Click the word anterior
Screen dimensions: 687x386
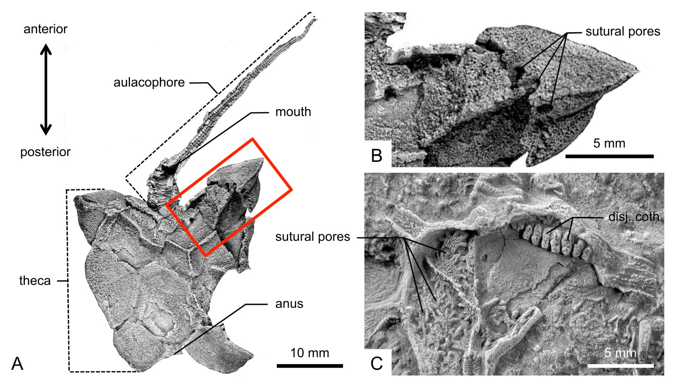click(x=45, y=29)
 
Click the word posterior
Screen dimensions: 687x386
click(x=45, y=152)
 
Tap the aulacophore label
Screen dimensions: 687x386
click(x=149, y=83)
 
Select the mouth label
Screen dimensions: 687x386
click(x=293, y=112)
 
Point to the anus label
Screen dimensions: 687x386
click(x=289, y=304)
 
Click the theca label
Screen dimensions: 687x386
click(x=35, y=280)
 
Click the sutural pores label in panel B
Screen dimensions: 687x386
click(x=623, y=31)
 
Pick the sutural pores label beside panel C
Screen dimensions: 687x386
click(x=313, y=237)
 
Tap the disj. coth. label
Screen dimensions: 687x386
click(x=635, y=217)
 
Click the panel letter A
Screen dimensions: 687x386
click(x=17, y=364)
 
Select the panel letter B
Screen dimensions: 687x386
click(x=377, y=155)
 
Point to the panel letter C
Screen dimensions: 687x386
click(x=376, y=364)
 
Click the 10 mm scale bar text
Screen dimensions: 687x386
click(x=310, y=353)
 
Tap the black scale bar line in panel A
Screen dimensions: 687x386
click(x=310, y=366)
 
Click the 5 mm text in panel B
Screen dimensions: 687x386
click(x=609, y=143)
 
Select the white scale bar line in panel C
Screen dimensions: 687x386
click(x=621, y=366)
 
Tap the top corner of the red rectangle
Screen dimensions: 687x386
click(x=252, y=139)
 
